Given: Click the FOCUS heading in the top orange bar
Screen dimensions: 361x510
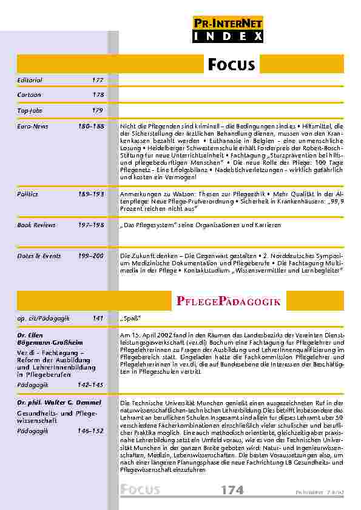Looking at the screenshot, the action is (x=231, y=64).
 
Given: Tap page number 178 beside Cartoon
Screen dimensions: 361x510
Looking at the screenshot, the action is (x=98, y=95).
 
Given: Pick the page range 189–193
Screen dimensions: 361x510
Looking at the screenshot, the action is (x=90, y=194).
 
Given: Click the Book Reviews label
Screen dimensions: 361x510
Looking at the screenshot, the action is (x=36, y=225).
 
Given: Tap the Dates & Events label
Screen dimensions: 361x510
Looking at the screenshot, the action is (x=39, y=256).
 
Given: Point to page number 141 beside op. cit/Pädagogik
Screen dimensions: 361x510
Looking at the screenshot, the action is (x=98, y=317).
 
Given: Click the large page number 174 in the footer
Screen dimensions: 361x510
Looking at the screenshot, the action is (x=233, y=490).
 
